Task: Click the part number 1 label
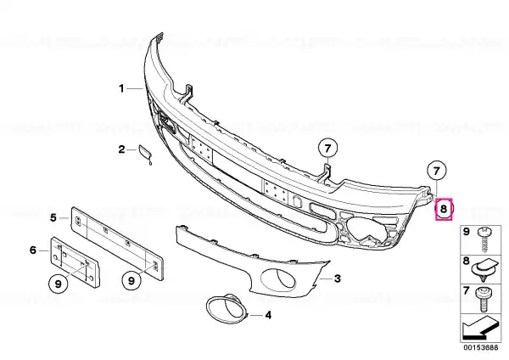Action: [121, 88]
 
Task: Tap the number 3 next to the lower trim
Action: [338, 278]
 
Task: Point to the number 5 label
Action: [53, 217]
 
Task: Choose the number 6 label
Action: [33, 250]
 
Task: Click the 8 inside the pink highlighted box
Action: [444, 210]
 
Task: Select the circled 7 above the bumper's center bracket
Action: [327, 149]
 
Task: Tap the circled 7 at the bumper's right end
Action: [437, 171]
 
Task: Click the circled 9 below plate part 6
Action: [58, 284]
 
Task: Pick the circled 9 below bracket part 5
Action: [131, 280]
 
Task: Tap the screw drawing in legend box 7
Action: [483, 299]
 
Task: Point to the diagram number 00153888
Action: [481, 347]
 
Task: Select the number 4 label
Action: [268, 315]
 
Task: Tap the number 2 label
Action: [121, 149]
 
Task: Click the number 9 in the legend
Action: [466, 232]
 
